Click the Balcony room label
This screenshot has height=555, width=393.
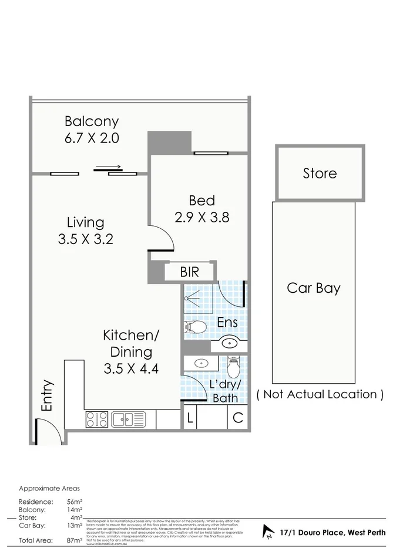pos(92,122)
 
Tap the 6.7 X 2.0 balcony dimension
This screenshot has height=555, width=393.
pos(92,139)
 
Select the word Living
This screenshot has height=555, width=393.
pos(85,222)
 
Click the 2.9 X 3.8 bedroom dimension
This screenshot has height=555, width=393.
pos(201,217)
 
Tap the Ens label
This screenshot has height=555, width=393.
pos(227,323)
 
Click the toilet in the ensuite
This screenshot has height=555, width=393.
pos(195,327)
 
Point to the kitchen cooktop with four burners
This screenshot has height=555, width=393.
pos(97,419)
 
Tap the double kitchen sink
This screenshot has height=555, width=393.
pos(128,419)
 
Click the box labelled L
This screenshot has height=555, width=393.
pos(190,418)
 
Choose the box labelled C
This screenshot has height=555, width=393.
pos(237,418)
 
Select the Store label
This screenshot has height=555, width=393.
pos(320,174)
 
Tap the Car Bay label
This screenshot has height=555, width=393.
pos(314,288)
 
